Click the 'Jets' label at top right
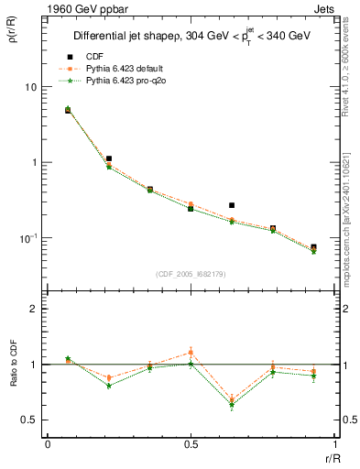pos(327,7)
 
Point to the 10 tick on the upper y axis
pos(29,87)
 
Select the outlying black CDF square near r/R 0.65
pos(232,205)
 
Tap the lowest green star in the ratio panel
pos(232,405)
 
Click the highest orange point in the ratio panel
pos(191,352)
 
